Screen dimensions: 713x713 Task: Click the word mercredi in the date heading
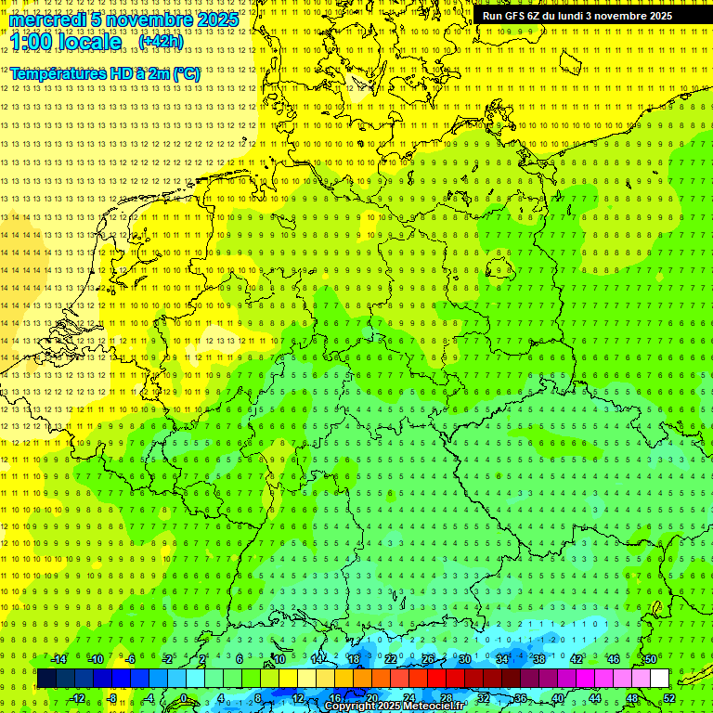[47, 19]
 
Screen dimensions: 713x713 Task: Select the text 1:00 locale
[66, 42]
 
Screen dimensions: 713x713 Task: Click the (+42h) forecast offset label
[161, 42]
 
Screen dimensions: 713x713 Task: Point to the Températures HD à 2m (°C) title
[105, 73]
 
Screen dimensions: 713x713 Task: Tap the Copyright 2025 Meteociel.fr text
[395, 707]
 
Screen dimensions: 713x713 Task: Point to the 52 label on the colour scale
[669, 698]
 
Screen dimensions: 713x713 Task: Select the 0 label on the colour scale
[184, 698]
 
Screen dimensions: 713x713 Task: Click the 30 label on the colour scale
[464, 659]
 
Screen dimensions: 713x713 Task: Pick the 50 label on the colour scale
[650, 659]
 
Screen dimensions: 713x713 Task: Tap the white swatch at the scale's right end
[659, 679]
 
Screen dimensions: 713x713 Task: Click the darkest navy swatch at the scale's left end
[46, 679]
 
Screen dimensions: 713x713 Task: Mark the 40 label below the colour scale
[557, 698]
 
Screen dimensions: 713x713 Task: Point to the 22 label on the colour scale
[390, 659]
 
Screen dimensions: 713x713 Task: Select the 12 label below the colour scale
[297, 698]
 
